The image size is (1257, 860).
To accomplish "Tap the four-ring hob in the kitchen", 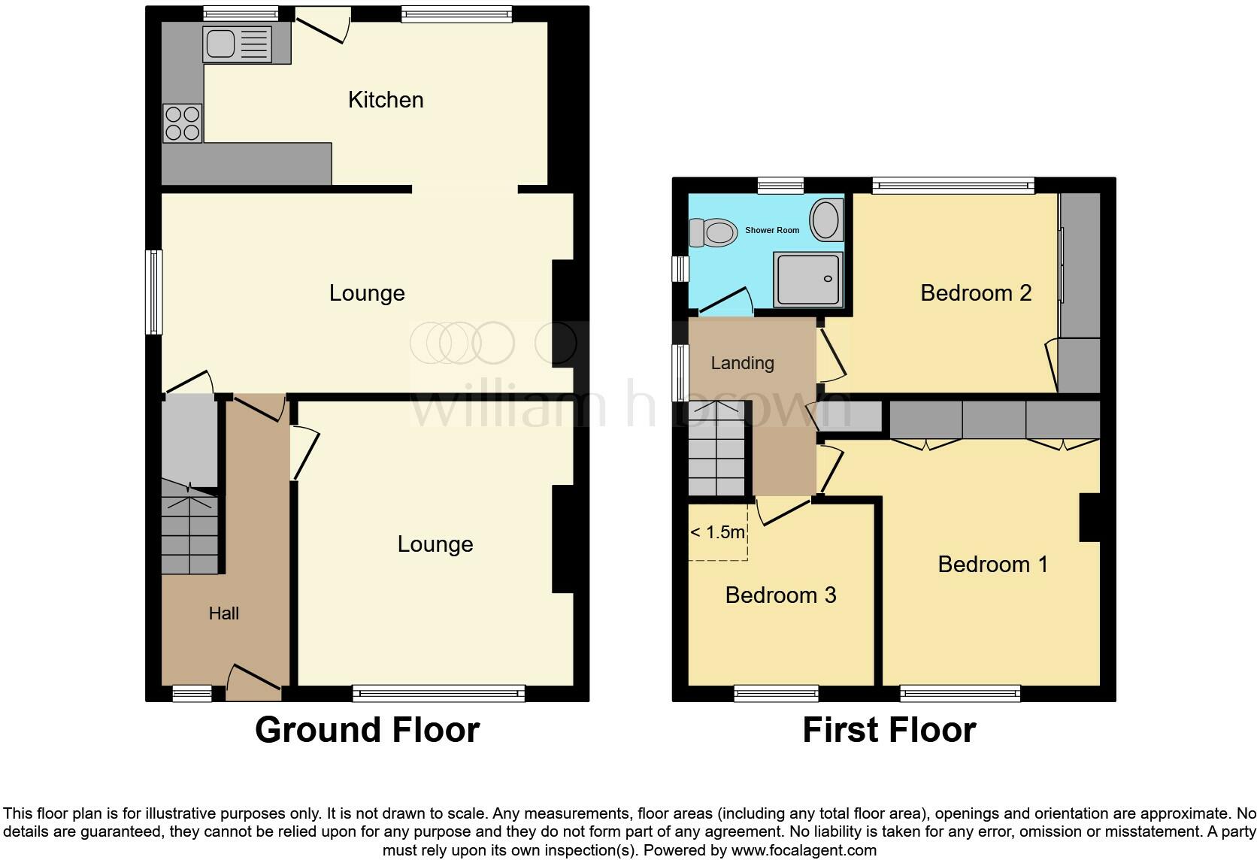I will [183, 123].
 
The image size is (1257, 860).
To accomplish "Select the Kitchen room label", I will [386, 100].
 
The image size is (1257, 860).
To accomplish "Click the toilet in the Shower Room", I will [713, 232].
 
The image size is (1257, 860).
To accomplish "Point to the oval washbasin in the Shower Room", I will [825, 220].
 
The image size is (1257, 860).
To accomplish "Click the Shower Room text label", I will [772, 230].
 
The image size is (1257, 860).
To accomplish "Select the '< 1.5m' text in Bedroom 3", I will [717, 533].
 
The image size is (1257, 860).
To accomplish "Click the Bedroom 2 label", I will [975, 292].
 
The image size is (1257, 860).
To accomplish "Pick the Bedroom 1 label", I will [992, 564].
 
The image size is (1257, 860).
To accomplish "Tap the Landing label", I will [742, 363].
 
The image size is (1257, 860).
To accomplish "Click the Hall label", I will [223, 613].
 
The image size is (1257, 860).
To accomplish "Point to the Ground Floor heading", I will [367, 730].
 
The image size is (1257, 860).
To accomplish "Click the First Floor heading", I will [889, 730].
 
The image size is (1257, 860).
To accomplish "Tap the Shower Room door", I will [725, 301].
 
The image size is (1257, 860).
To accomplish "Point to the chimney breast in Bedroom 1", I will [1089, 517].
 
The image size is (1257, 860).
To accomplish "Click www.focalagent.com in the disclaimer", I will [804, 851].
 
